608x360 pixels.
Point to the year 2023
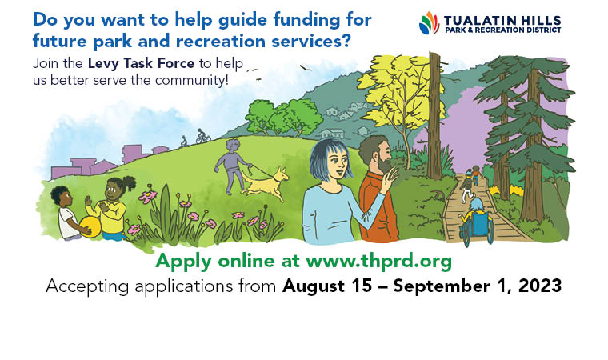(540, 286)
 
